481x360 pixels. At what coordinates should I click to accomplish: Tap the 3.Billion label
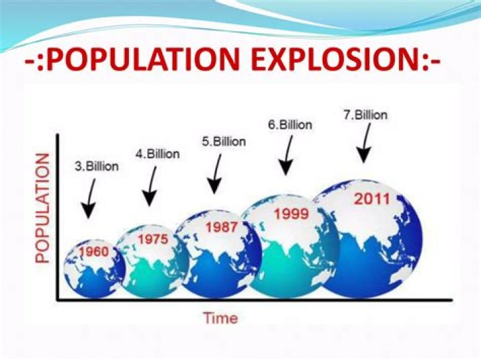click(x=97, y=166)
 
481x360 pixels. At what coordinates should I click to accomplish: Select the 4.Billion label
click(x=158, y=154)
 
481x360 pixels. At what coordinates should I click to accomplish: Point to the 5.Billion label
click(x=224, y=142)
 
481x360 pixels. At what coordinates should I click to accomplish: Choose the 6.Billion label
click(x=290, y=125)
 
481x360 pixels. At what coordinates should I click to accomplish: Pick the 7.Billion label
click(x=365, y=115)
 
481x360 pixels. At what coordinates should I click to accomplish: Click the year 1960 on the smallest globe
click(x=94, y=252)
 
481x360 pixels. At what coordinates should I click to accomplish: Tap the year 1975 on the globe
click(x=153, y=239)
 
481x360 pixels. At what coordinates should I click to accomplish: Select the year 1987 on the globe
click(x=222, y=227)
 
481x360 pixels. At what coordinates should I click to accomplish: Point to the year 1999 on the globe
click(x=291, y=214)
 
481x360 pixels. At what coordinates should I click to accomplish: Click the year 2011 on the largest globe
click(x=372, y=199)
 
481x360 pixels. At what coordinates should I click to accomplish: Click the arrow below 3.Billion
click(x=90, y=199)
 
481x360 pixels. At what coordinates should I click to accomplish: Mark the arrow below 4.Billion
click(x=151, y=186)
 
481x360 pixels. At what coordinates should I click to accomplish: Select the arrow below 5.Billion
click(x=216, y=174)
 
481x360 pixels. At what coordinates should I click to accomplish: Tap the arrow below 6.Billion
click(x=288, y=156)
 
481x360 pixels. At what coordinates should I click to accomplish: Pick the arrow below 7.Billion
click(x=365, y=143)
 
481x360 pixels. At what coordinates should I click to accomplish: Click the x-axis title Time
click(x=221, y=318)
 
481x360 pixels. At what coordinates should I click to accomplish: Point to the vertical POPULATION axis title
click(x=42, y=208)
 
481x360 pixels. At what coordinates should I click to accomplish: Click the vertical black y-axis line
click(x=57, y=217)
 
